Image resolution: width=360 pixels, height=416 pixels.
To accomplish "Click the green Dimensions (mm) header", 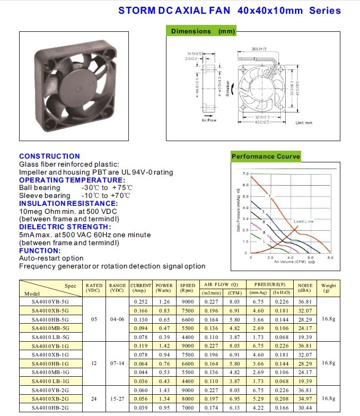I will tap(203, 31).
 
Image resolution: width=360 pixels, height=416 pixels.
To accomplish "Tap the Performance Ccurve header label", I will tap(266, 157).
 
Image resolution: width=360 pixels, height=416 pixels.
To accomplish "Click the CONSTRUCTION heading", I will tap(49, 156).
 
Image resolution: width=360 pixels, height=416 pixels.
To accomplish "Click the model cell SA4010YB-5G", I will tap(50, 302).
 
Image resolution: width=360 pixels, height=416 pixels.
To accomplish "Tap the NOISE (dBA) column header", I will tap(305, 288).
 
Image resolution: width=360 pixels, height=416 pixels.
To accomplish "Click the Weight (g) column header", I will tap(329, 288).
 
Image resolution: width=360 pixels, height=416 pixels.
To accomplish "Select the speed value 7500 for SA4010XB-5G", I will tap(187, 311).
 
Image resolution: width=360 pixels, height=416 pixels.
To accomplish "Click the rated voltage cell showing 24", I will tap(94, 398).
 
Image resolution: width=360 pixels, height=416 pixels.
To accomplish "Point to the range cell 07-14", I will tap(117, 363).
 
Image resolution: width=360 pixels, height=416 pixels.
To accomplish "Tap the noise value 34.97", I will tap(305, 398).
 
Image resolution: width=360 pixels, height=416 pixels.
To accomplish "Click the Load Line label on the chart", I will tap(303, 221).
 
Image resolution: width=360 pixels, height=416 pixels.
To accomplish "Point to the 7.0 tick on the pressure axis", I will tap(245, 174).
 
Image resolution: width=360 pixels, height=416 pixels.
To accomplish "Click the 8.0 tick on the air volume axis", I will tap(330, 257).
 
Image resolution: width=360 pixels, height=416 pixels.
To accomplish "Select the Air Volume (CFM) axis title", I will tap(291, 262).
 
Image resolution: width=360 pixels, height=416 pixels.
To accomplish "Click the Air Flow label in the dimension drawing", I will tap(209, 120).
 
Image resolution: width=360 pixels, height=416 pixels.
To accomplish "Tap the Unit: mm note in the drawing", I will tap(304, 123).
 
